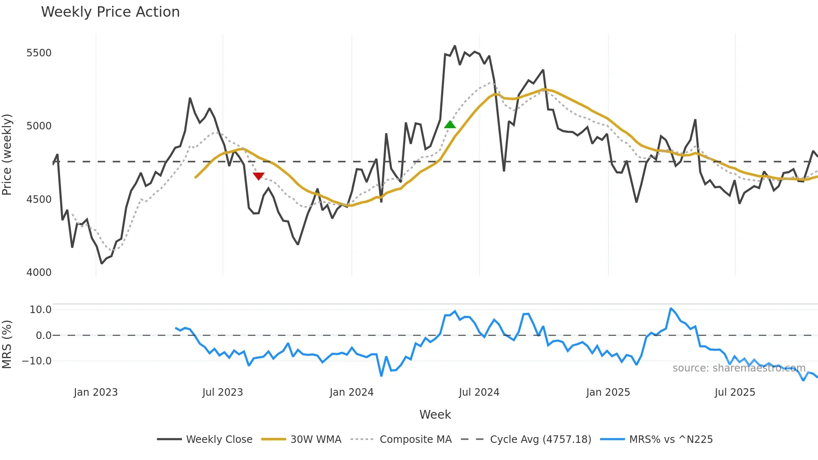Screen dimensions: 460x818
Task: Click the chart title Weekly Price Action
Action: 110,12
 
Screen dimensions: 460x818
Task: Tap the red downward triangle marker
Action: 259,176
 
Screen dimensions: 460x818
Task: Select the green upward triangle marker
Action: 450,124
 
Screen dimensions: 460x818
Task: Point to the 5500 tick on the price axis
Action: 39,53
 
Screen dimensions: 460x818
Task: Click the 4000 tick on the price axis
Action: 39,273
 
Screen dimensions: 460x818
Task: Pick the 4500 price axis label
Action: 39,200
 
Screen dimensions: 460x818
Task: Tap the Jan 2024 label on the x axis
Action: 351,392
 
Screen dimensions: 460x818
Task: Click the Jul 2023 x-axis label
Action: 222,392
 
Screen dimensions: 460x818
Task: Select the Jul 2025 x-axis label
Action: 735,392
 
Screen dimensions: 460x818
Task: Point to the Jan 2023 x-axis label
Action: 96,392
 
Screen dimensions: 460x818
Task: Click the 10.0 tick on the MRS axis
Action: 40,310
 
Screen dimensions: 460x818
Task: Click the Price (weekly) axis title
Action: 7,154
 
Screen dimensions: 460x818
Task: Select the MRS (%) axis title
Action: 7,344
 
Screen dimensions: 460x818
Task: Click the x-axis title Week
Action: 435,415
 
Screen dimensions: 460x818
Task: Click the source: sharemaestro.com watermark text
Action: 739,368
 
